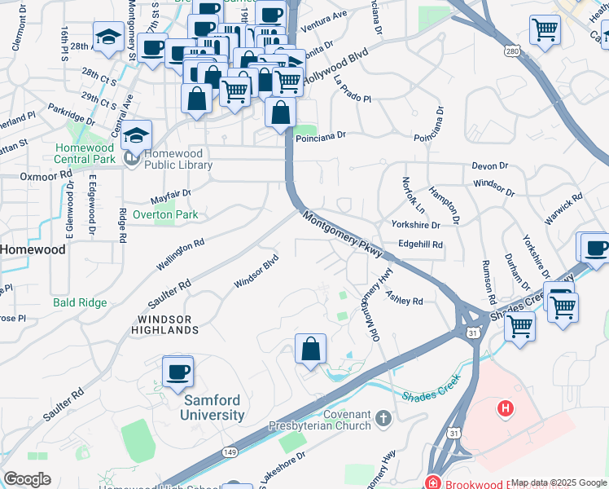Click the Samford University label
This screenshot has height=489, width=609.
[213, 407]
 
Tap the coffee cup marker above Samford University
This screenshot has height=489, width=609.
[177, 372]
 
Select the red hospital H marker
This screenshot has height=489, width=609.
[506, 407]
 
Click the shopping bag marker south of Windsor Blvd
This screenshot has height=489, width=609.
[310, 350]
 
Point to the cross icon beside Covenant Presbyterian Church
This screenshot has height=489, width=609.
[384, 420]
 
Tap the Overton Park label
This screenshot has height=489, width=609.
[165, 214]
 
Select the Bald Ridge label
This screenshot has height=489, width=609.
[80, 302]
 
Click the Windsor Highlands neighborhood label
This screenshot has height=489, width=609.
[165, 324]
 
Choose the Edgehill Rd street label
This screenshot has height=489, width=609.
[420, 244]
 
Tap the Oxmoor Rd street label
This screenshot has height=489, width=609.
[46, 175]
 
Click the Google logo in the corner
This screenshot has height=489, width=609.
[27, 479]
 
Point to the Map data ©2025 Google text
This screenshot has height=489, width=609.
[559, 482]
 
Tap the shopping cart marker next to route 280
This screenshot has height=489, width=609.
[545, 31]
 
